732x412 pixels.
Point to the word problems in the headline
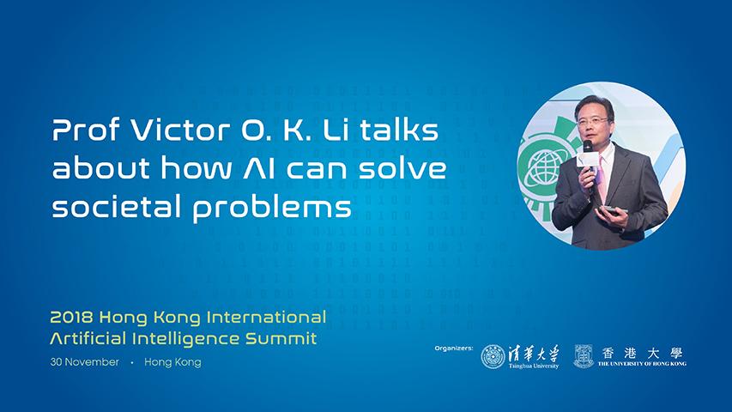tap(272, 208)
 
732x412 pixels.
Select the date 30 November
tap(84, 362)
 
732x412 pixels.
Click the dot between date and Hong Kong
tap(132, 362)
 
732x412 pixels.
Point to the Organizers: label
tap(453, 348)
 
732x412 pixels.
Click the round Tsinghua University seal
tap(493, 357)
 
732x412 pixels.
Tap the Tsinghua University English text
tap(534, 366)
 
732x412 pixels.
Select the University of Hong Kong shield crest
tap(584, 356)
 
